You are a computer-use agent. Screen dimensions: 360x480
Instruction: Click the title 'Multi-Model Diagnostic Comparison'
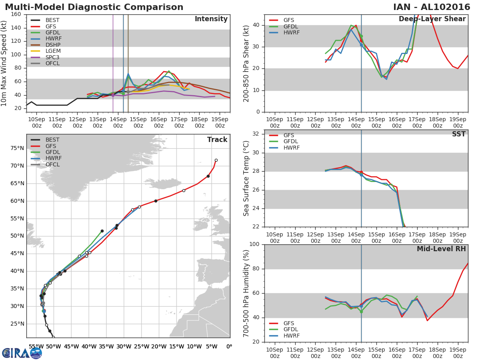(x=94, y=7)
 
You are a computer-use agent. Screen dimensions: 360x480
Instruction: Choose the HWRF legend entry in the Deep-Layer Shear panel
(x=291, y=33)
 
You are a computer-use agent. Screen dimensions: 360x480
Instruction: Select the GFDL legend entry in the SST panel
(x=291, y=142)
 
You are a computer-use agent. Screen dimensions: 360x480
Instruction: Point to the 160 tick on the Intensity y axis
(x=16, y=14)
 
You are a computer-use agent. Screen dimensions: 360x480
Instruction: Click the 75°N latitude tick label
(x=17, y=148)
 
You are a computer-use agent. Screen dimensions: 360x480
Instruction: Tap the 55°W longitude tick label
(x=36, y=346)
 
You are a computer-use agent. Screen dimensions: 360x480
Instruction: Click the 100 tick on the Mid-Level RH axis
(x=254, y=244)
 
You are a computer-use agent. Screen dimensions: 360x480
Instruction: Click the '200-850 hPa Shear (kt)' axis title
(x=246, y=63)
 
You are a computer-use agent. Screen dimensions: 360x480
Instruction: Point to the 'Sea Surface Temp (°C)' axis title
(x=246, y=178)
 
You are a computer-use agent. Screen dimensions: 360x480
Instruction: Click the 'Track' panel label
(x=217, y=140)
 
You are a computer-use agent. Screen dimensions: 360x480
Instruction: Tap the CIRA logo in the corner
(x=22, y=353)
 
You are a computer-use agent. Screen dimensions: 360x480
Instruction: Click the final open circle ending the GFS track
(x=216, y=160)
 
